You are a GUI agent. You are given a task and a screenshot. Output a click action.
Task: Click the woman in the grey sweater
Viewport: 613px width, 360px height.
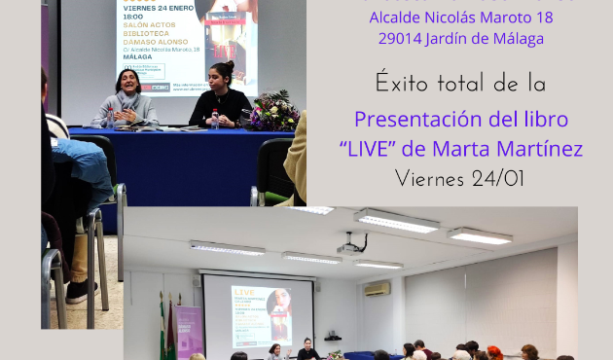pyautogui.click(x=126, y=99)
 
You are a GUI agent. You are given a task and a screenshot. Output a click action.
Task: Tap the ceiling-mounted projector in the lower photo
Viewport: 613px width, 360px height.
pyautogui.click(x=351, y=249)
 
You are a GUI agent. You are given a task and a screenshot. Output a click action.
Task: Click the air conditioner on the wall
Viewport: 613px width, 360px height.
pyautogui.click(x=377, y=289)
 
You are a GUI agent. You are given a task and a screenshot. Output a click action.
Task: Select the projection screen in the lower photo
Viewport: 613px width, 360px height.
pyautogui.click(x=260, y=310)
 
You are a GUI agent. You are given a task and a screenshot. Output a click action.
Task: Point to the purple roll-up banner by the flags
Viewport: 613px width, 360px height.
pyautogui.click(x=189, y=331)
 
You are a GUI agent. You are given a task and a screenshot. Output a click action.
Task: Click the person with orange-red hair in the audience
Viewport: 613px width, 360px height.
pyautogui.click(x=495, y=351)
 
